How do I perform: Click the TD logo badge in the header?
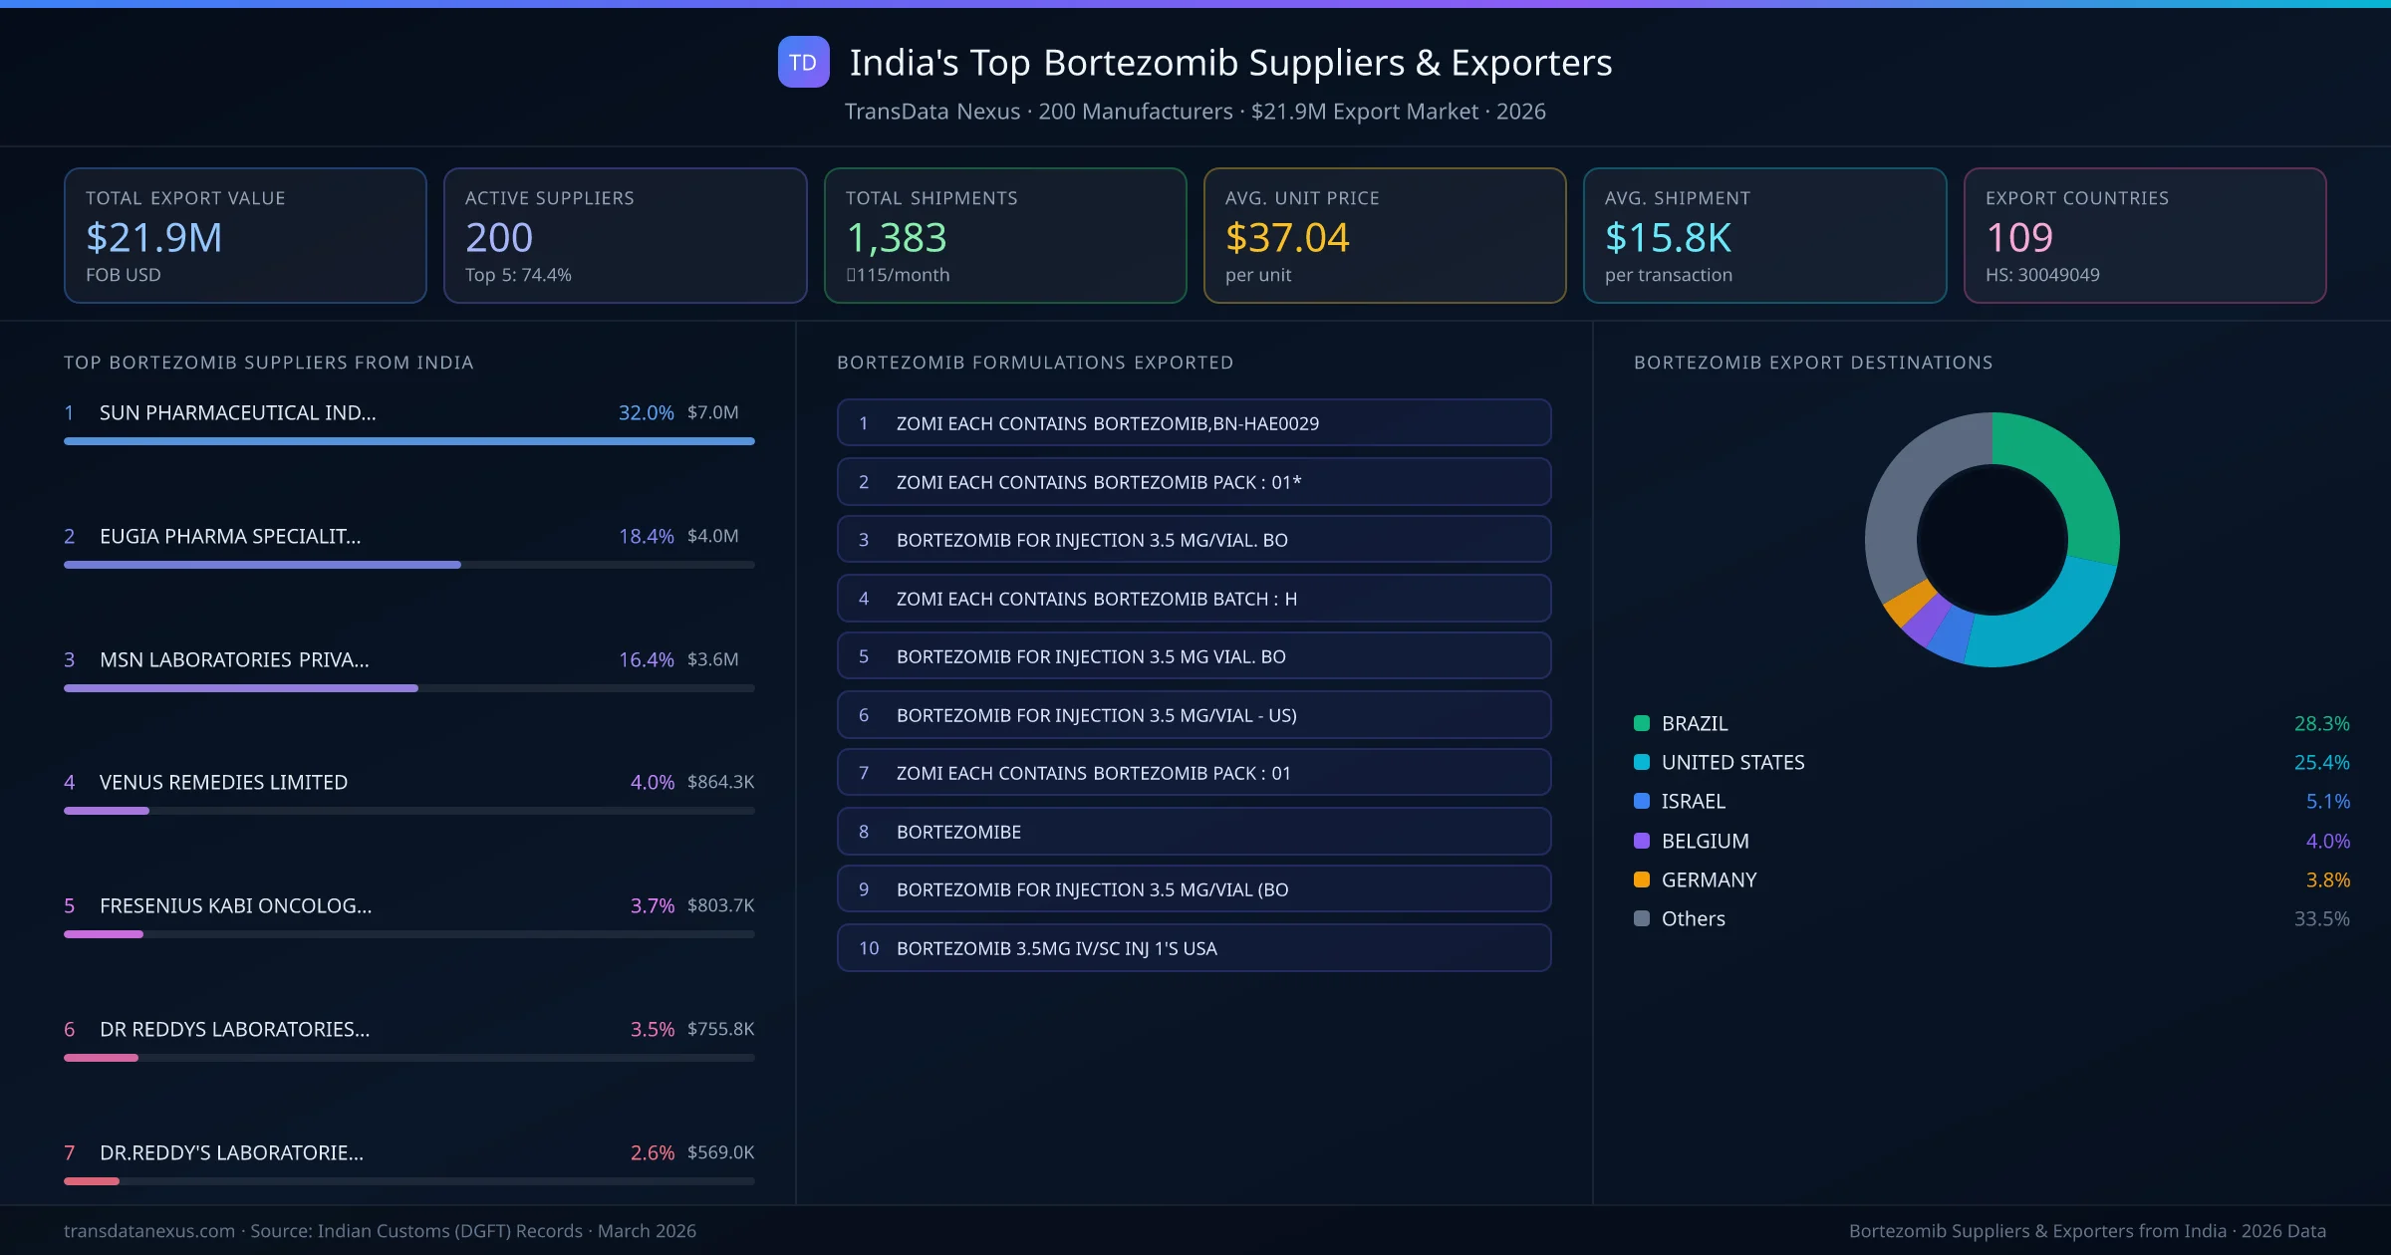pyautogui.click(x=803, y=62)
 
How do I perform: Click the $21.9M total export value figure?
pyautogui.click(x=154, y=237)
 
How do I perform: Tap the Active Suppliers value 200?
pyautogui.click(x=499, y=237)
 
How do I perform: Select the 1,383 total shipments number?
pyautogui.click(x=896, y=237)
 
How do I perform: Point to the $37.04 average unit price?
pyautogui.click(x=1286, y=237)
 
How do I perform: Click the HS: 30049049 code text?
pyautogui.click(x=2041, y=275)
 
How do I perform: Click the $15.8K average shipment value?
pyautogui.click(x=1668, y=237)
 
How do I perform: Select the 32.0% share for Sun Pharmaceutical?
pyautogui.click(x=646, y=412)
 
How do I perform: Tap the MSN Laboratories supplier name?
pyautogui.click(x=234, y=659)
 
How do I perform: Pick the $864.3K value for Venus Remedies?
pyautogui.click(x=720, y=782)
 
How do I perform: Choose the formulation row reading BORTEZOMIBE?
pyautogui.click(x=1194, y=832)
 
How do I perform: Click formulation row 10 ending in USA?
pyautogui.click(x=1194, y=948)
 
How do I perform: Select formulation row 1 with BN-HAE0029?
pyautogui.click(x=1194, y=423)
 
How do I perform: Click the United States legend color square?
pyautogui.click(x=1642, y=762)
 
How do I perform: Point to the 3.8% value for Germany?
pyautogui.click(x=2327, y=879)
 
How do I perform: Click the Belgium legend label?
pyautogui.click(x=1705, y=841)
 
